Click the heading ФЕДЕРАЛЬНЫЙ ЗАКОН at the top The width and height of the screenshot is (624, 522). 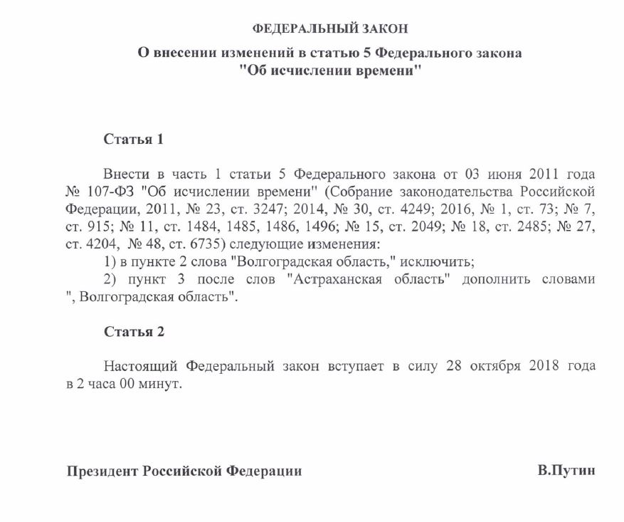tap(331, 28)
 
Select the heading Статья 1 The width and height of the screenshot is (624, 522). tap(134, 139)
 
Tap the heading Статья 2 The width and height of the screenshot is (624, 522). tap(134, 332)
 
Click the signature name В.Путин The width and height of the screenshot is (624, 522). tap(566, 471)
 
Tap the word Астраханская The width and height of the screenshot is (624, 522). tap(334, 279)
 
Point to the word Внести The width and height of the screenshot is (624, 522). tap(125, 174)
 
